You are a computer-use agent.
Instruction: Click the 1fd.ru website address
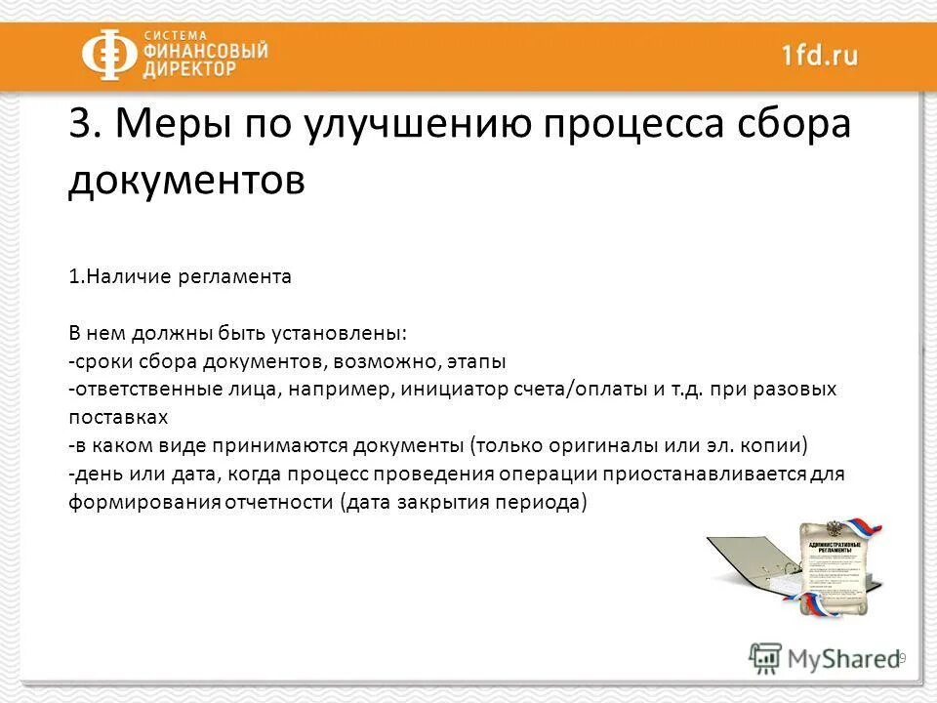(x=819, y=55)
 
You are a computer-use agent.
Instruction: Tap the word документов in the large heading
(x=186, y=181)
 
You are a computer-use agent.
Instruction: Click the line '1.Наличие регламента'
(x=180, y=276)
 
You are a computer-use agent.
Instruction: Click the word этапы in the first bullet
(x=476, y=361)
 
